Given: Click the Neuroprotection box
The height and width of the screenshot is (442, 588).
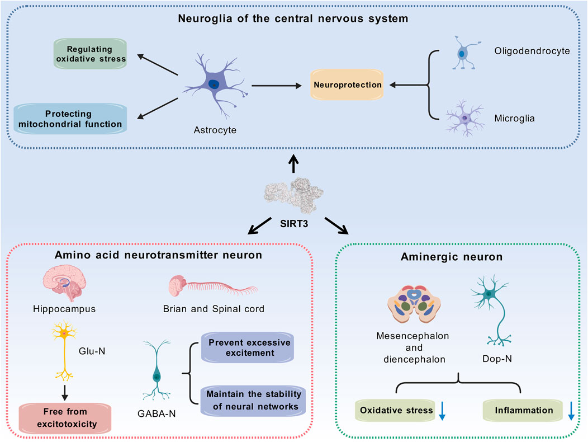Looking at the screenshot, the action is coord(347,84).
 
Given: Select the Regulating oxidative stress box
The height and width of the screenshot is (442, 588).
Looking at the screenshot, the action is coord(90,54).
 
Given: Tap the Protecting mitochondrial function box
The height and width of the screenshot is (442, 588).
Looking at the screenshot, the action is coord(70,119).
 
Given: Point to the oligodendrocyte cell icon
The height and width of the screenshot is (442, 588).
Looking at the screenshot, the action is coord(465,53).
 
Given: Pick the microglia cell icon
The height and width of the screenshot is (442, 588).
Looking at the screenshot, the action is coord(465,118).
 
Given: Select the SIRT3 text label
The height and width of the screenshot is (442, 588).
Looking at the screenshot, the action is coord(294,224).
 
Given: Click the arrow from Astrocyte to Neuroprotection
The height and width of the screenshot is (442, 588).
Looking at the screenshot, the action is coord(277,86).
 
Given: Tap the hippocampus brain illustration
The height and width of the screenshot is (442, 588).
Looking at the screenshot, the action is coord(64,283).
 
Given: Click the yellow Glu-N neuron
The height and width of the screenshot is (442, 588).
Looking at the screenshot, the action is coord(64,350).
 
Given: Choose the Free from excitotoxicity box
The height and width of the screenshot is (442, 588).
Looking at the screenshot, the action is coord(65,418).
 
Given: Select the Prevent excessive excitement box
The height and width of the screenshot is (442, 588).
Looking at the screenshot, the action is coord(248,347).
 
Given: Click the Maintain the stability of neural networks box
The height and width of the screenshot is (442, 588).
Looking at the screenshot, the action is coord(253,400).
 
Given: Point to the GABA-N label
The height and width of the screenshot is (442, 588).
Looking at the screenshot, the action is coord(157,414).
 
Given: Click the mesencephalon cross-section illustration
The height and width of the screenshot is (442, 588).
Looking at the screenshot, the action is coord(414,304).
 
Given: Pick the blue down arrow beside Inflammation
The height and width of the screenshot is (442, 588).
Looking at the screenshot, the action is coord(571,411).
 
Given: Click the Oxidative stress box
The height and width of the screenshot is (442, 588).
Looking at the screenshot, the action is coord(396,411).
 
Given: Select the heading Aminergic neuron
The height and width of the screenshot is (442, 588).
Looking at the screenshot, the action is coord(452,257).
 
